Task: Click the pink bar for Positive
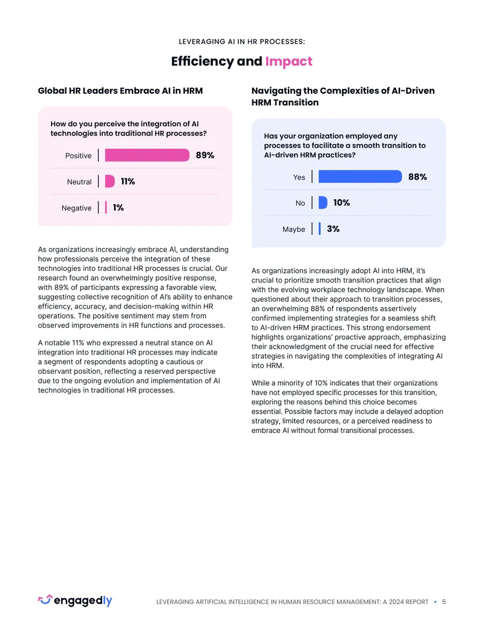coord(147,155)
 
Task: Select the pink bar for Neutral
coord(110,181)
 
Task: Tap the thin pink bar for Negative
coord(106,207)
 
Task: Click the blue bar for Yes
coord(360,177)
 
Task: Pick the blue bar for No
coord(323,203)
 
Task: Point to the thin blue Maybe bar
coord(320,229)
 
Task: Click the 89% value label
coord(205,155)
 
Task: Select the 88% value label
coord(417,177)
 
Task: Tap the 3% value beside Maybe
coord(333,229)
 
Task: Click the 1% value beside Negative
coord(118,207)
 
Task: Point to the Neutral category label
coord(79,182)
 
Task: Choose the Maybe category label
coord(293,229)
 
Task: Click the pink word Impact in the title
coord(289,61)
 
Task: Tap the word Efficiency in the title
coord(203,61)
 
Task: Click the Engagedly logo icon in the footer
coord(45,599)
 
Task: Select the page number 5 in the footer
coord(443,602)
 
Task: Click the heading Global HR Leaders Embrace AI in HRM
coord(120,91)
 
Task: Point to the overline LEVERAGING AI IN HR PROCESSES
coord(242,42)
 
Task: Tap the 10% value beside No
coord(341,203)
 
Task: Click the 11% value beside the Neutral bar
coord(128,181)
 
